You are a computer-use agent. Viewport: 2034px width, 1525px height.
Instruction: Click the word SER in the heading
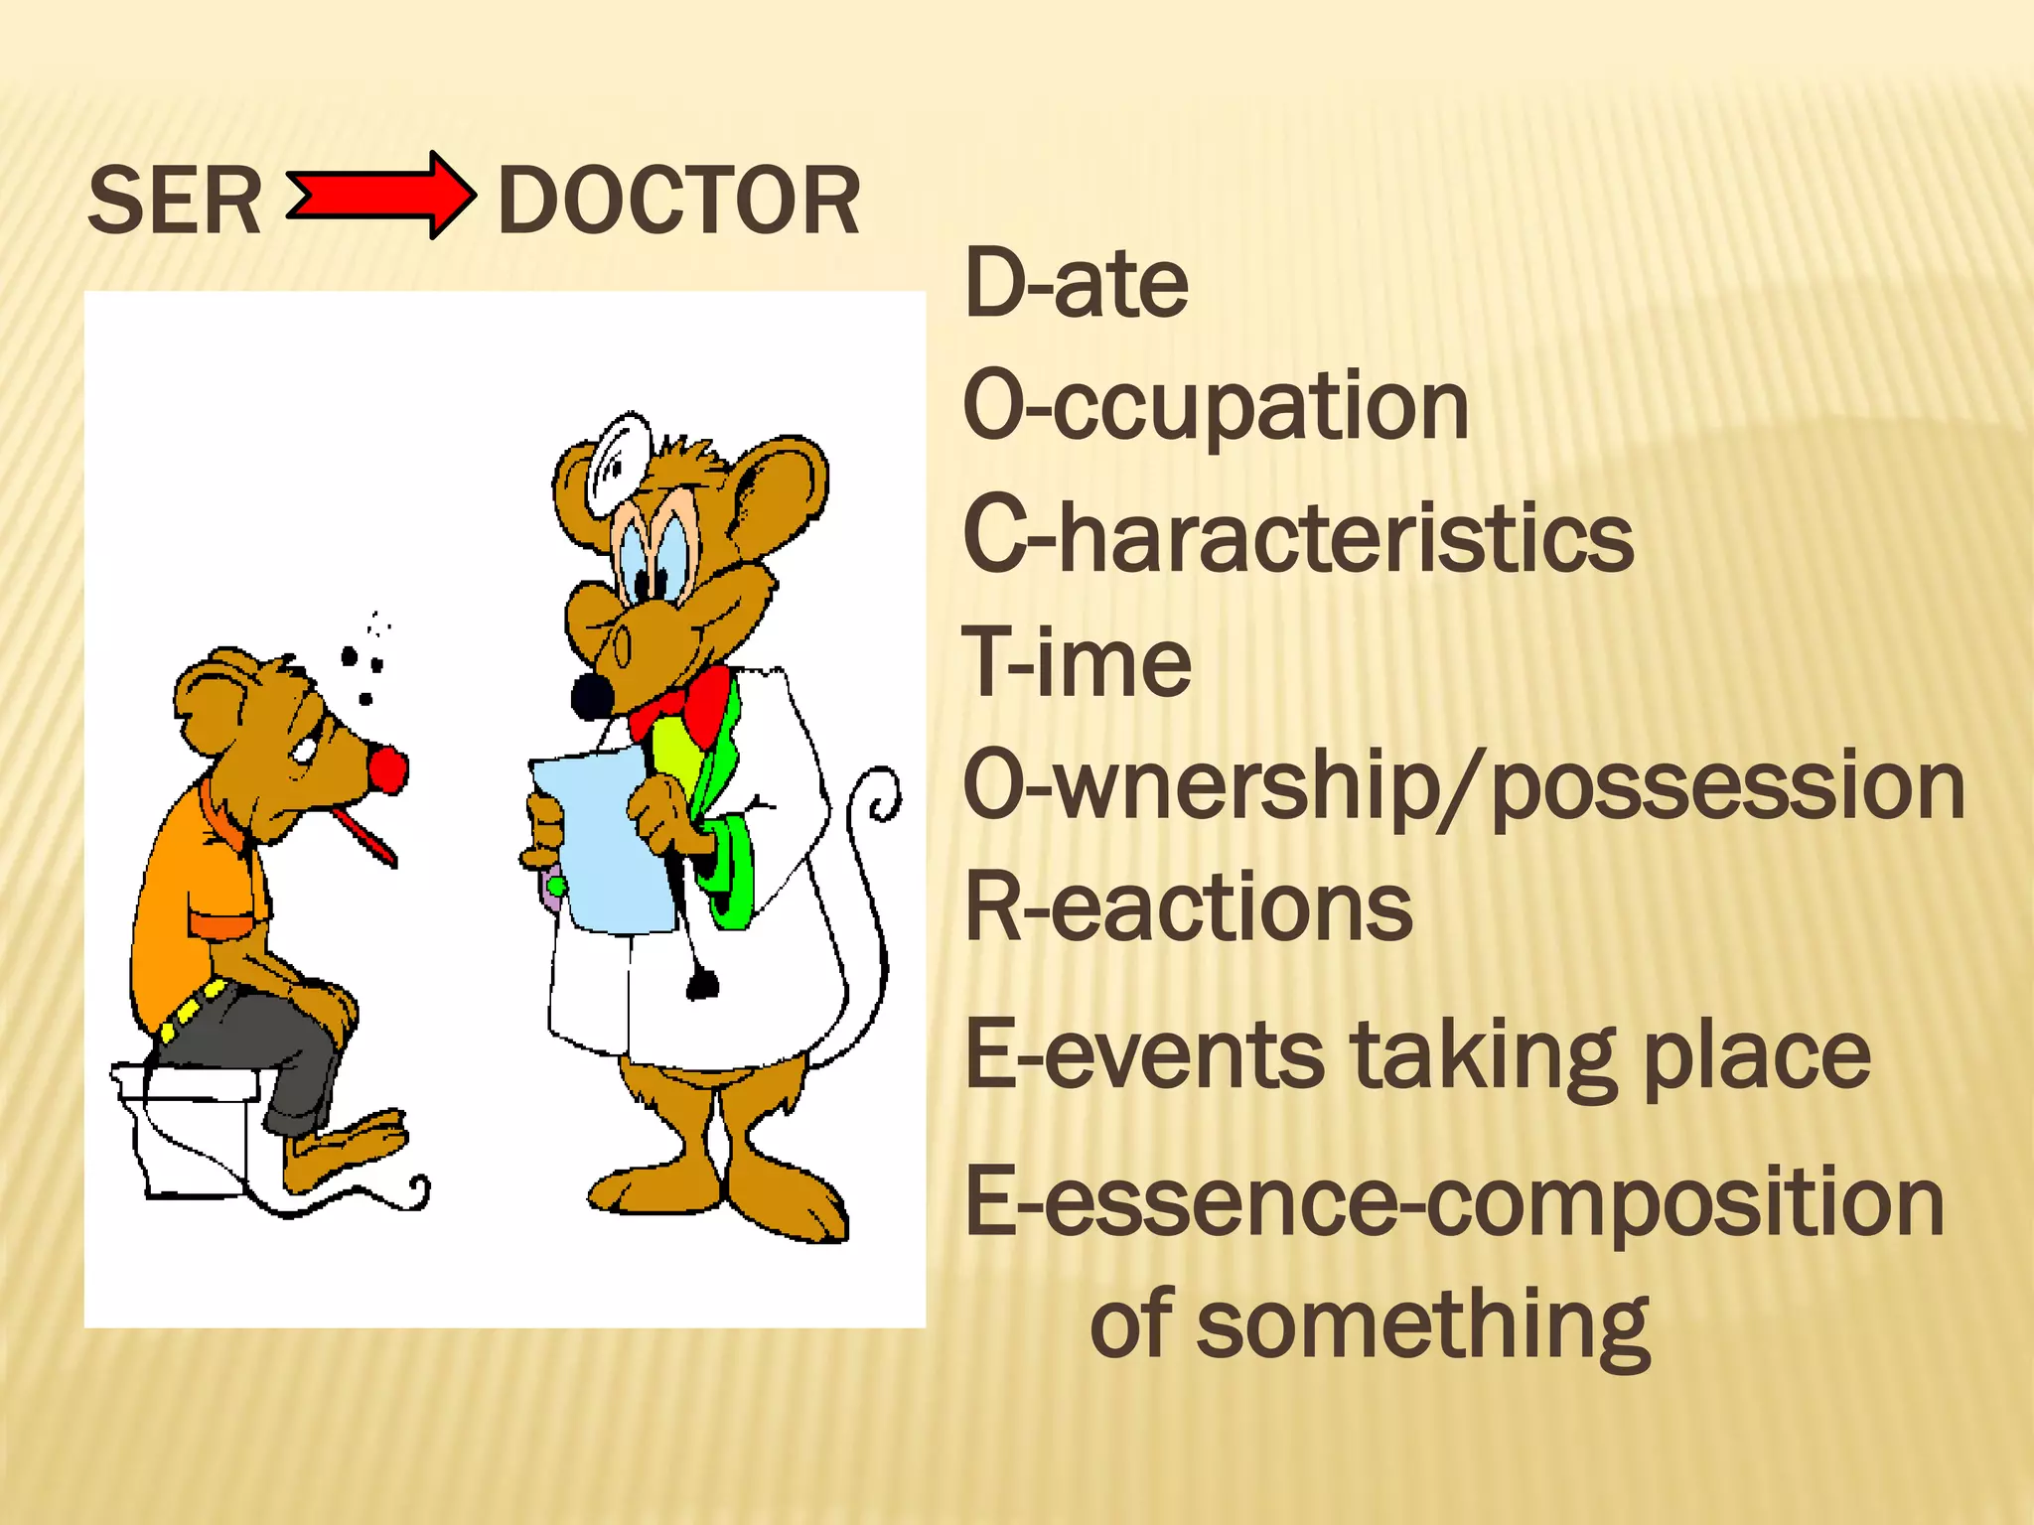pos(175,201)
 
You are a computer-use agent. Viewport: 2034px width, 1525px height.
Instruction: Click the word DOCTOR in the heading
pos(678,201)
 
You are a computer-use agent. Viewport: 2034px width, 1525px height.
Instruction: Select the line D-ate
pos(1076,284)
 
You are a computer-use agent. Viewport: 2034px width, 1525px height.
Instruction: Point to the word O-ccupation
pos(1216,407)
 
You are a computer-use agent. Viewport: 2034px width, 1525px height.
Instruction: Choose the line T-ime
pos(1077,661)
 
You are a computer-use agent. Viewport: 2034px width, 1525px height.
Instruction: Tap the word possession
pos(1728,786)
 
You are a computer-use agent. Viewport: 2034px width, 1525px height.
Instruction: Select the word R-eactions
pos(1188,907)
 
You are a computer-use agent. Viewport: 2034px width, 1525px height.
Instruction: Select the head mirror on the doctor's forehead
pos(618,462)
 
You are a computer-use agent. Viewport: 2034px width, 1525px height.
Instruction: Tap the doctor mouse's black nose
pos(592,696)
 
